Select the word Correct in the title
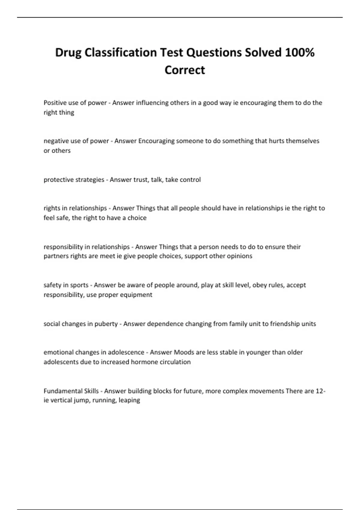pyautogui.click(x=185, y=70)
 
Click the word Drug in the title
pyautogui.click(x=68, y=52)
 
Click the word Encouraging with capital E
pyautogui.click(x=156, y=141)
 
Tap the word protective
pyautogui.click(x=58, y=179)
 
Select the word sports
pyautogui.click(x=79, y=285)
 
